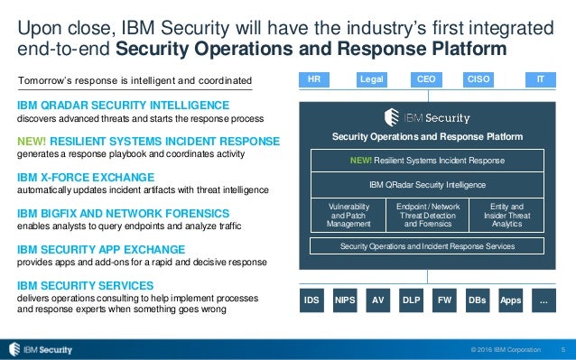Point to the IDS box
click(312, 298)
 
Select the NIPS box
click(345, 298)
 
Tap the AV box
click(378, 298)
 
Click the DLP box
click(412, 298)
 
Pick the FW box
click(444, 298)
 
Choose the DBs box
click(478, 298)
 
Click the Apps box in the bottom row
click(510, 298)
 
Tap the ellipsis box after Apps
click(543, 298)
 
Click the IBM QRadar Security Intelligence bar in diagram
click(428, 184)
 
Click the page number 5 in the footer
click(563, 349)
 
